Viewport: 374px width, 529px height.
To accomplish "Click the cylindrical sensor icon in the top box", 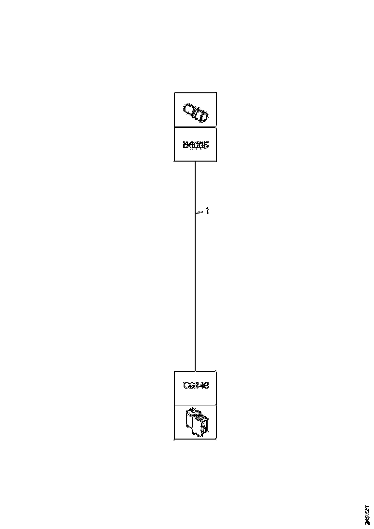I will [195, 113].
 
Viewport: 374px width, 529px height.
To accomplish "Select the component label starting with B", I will [195, 145].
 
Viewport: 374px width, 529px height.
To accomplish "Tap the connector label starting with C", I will [195, 386].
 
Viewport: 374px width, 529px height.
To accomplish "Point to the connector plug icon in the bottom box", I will [196, 422].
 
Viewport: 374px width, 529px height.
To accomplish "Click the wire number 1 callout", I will [207, 211].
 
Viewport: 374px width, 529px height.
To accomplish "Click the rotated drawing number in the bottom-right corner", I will [367, 515].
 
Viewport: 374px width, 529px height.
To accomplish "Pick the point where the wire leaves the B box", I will [195, 162].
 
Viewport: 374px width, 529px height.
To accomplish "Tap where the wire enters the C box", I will [195, 370].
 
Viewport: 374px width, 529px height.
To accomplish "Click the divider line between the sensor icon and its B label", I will [195, 127].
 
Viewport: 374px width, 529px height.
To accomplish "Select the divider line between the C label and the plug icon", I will [195, 405].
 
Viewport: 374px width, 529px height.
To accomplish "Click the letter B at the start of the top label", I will [185, 145].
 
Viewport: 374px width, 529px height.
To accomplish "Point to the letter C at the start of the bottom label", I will [186, 386].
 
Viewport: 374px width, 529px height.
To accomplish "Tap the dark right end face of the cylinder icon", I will [204, 116].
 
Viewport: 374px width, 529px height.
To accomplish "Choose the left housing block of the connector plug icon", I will [189, 421].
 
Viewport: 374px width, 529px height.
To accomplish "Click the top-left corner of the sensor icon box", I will [174, 93].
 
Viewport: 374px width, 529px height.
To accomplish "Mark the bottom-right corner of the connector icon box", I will [216, 439].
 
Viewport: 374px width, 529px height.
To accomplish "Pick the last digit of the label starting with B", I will [205, 145].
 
